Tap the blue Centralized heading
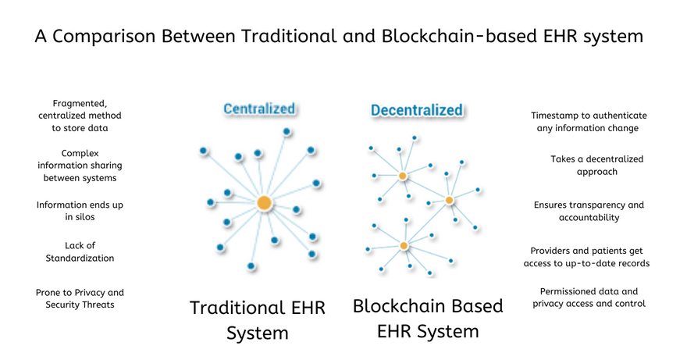[x=259, y=109]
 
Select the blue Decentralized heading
[x=417, y=110]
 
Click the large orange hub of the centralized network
[x=264, y=204]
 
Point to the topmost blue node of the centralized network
[x=287, y=131]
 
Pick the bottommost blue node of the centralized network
[x=251, y=266]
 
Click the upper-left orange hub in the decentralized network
[x=403, y=176]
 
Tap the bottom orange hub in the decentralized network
[x=404, y=246]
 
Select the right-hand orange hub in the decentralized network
[x=449, y=201]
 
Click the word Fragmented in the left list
[x=80, y=104]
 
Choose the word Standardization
[x=80, y=258]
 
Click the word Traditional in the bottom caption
[x=234, y=308]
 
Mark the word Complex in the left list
[x=80, y=154]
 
